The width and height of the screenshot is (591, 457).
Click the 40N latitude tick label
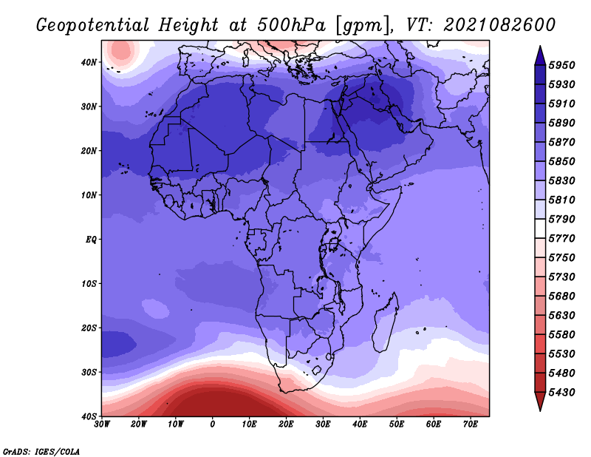pyautogui.click(x=89, y=62)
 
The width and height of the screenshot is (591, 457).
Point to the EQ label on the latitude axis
pyautogui.click(x=91, y=240)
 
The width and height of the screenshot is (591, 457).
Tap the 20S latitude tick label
pyautogui.click(x=89, y=328)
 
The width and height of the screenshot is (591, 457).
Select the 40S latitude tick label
pyautogui.click(x=89, y=416)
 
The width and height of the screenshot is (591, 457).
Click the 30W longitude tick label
pyautogui.click(x=102, y=424)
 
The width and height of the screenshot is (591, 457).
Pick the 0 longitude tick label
pyautogui.click(x=213, y=424)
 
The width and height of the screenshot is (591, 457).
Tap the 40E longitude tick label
pyautogui.click(x=360, y=424)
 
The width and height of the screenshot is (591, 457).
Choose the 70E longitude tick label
pyautogui.click(x=471, y=424)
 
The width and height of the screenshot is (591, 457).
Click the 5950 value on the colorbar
pyautogui.click(x=561, y=65)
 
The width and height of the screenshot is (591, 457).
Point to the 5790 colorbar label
pyautogui.click(x=561, y=219)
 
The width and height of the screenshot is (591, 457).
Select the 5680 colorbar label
pyautogui.click(x=561, y=297)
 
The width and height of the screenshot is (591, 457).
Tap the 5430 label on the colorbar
pyautogui.click(x=561, y=393)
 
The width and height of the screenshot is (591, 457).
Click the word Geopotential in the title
pyautogui.click(x=92, y=26)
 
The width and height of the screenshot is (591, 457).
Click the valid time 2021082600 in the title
pyautogui.click(x=499, y=25)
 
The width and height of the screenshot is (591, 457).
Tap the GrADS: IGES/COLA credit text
pyautogui.click(x=41, y=451)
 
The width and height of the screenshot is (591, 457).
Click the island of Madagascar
pyautogui.click(x=385, y=322)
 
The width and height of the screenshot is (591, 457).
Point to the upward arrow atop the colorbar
pyautogui.click(x=540, y=55)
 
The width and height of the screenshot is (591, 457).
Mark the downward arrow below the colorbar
pyautogui.click(x=540, y=402)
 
